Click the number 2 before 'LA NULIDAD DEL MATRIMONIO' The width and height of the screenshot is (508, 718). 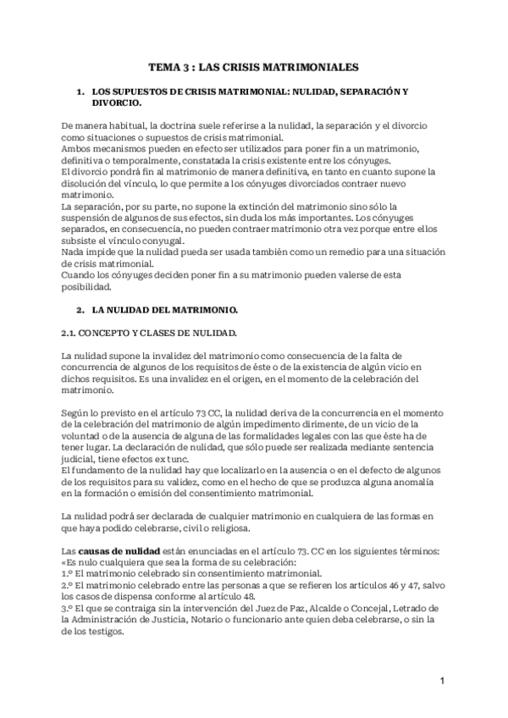point(79,311)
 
